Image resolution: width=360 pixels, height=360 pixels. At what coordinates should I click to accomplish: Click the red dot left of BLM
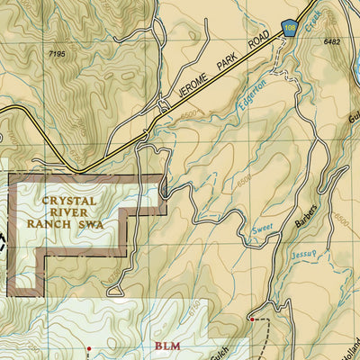[x=88, y=346]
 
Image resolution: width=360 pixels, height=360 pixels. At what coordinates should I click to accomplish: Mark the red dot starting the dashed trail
[x=252, y=319]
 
